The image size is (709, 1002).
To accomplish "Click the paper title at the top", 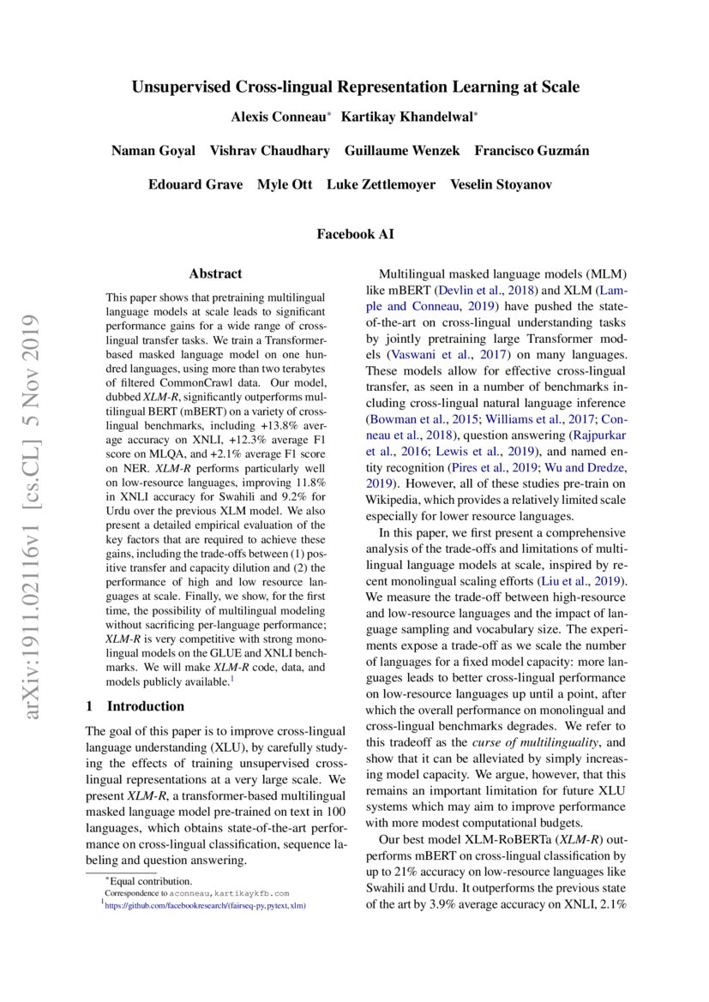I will [x=355, y=87].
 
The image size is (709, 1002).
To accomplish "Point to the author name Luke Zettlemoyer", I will [x=383, y=185].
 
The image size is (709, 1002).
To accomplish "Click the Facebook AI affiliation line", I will [x=355, y=233].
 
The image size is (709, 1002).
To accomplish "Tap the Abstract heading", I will [x=215, y=273].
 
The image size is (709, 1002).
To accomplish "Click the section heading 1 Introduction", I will [x=135, y=706].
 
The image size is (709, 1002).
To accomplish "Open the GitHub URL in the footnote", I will [x=207, y=903].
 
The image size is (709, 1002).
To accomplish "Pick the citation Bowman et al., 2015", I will [x=423, y=419].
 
